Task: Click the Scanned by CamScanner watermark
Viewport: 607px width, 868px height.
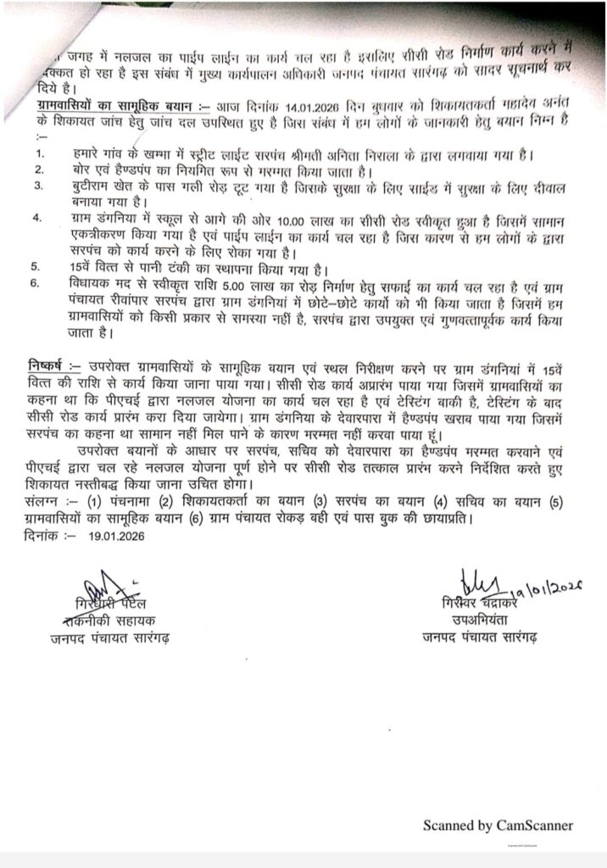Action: pos(498,825)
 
